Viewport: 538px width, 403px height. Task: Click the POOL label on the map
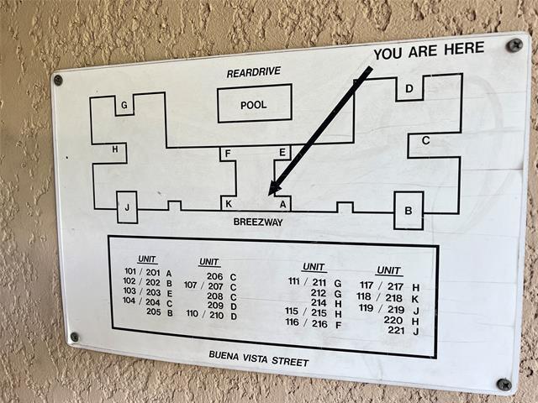click(x=254, y=105)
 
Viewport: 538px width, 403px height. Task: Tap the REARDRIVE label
click(x=254, y=72)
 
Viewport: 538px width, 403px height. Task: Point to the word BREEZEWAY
click(x=258, y=222)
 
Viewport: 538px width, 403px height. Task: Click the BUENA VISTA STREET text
click(x=259, y=359)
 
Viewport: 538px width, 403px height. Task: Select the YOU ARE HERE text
click(x=429, y=51)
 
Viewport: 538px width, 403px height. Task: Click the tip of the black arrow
click(x=269, y=196)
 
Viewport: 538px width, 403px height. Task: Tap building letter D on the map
click(x=409, y=89)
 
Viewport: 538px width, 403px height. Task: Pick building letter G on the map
click(x=124, y=105)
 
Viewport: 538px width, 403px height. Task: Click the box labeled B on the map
click(x=409, y=211)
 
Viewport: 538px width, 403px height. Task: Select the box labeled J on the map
click(x=127, y=207)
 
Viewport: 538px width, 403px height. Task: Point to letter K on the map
click(x=229, y=204)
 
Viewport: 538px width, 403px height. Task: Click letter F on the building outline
click(x=228, y=154)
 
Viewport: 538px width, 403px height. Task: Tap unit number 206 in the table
click(x=215, y=276)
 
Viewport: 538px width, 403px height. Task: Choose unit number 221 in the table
click(x=396, y=330)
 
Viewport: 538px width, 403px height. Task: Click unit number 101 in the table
click(x=130, y=271)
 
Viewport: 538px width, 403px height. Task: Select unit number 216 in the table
click(x=319, y=324)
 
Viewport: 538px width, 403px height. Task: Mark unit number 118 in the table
click(x=364, y=296)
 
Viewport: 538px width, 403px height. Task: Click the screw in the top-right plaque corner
click(x=514, y=44)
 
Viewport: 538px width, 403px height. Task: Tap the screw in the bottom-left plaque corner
click(x=74, y=337)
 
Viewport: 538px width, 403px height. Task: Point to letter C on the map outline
click(x=426, y=140)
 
